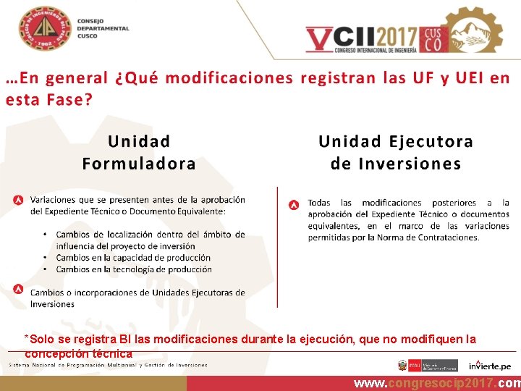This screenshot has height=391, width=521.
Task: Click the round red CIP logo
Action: (x=46, y=29)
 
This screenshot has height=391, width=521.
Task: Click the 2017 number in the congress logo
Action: (x=391, y=36)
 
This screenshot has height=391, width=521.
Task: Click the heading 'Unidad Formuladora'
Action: (x=139, y=152)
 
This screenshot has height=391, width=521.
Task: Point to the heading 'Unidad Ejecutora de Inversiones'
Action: (x=396, y=152)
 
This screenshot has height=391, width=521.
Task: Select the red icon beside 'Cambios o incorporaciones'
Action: (x=18, y=290)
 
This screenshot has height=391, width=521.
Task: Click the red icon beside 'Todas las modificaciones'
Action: (x=294, y=205)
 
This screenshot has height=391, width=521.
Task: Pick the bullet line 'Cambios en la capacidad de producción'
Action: (x=133, y=258)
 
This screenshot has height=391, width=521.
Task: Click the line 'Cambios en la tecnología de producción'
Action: (x=134, y=269)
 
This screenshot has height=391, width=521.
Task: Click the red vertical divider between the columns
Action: (x=278, y=246)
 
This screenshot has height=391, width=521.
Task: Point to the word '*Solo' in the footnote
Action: (x=38, y=339)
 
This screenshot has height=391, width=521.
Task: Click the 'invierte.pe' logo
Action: (x=490, y=365)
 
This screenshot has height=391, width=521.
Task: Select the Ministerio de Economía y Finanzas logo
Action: (x=427, y=366)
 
